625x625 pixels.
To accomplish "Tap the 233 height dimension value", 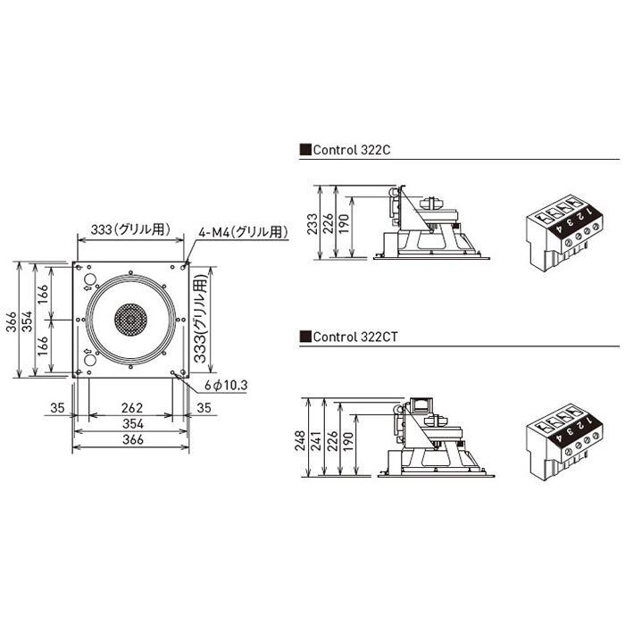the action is (x=312, y=223).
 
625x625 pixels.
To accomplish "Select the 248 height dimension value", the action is (x=300, y=440).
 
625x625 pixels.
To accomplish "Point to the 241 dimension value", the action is (x=316, y=440).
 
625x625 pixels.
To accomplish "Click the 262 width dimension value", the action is (x=132, y=408).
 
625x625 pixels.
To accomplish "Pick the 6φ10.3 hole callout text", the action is (x=226, y=385).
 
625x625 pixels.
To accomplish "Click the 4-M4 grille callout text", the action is (x=243, y=232).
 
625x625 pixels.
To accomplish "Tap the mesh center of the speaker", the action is (x=130, y=320).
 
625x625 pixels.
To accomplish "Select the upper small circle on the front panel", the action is (x=90, y=279).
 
